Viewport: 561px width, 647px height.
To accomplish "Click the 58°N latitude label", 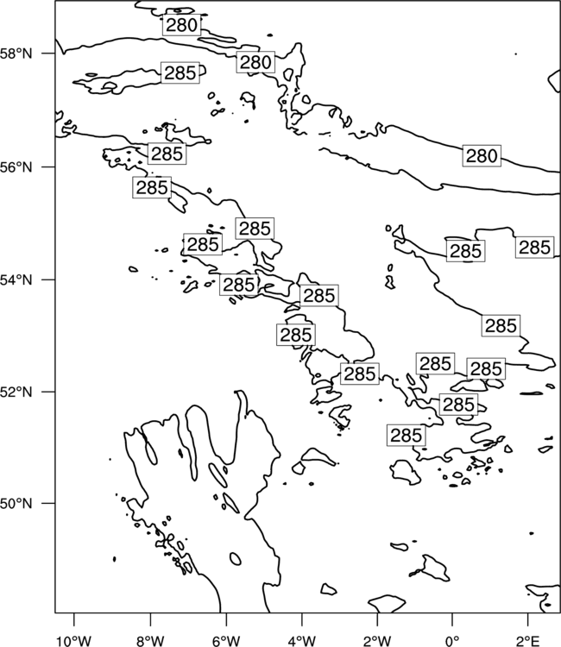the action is (x=16, y=53).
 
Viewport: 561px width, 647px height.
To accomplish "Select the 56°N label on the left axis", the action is (x=16, y=167).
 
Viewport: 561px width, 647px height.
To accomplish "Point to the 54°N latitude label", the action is (x=16, y=280).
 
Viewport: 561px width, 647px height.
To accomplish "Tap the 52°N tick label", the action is (x=16, y=391).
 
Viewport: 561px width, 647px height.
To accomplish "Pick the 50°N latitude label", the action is (x=16, y=504).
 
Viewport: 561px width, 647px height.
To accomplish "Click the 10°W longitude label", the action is (x=74, y=641).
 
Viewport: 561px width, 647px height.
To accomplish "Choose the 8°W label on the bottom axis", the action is (x=150, y=641).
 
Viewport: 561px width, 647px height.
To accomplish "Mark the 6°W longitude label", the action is (x=226, y=641).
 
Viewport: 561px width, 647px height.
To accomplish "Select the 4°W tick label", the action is (x=301, y=641).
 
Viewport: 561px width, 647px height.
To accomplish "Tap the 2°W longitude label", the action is (x=377, y=641).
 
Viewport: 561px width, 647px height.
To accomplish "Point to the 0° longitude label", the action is (x=452, y=641).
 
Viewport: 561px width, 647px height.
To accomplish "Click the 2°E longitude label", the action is (x=528, y=641).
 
